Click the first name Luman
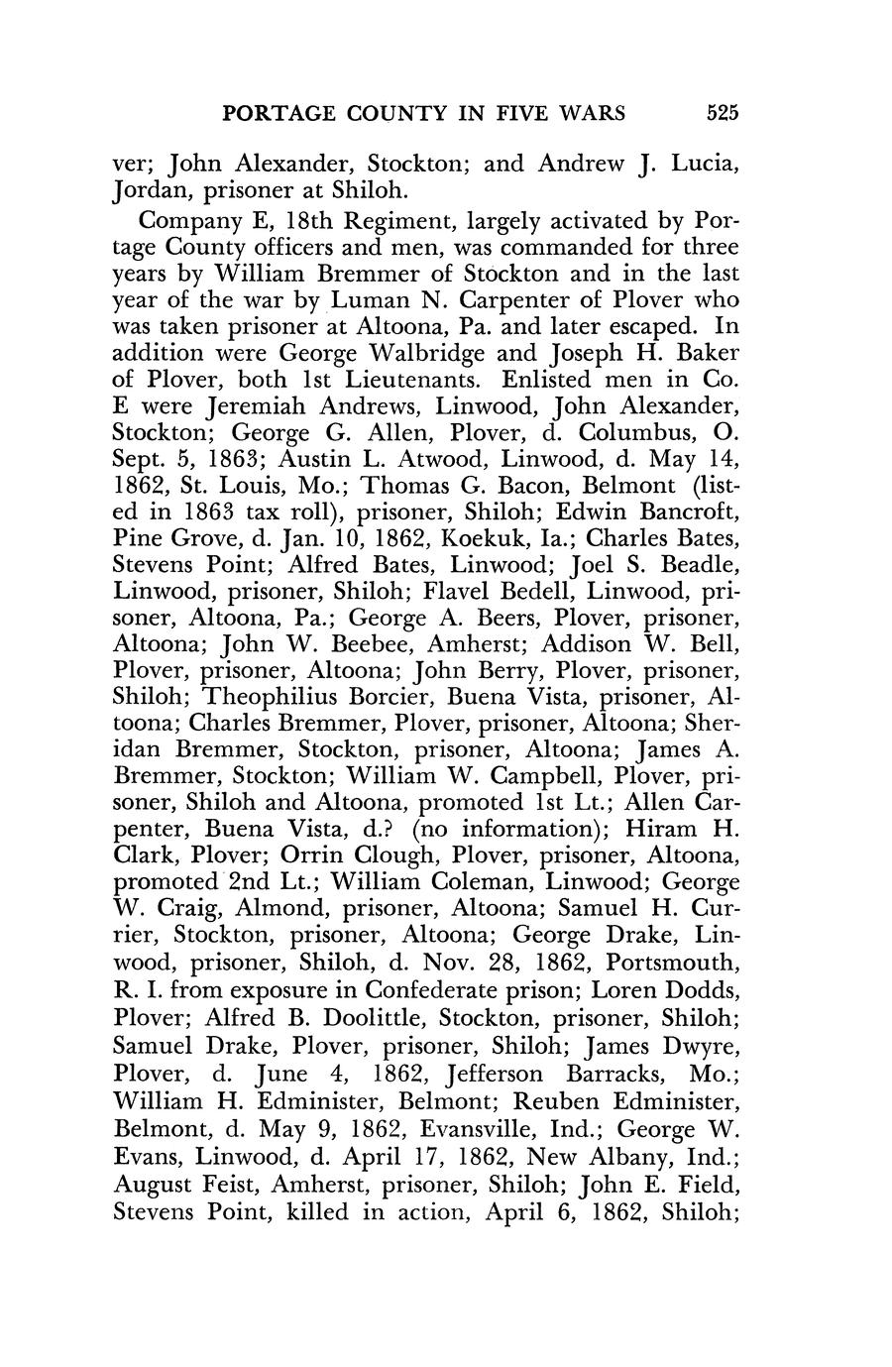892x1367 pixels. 370,299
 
